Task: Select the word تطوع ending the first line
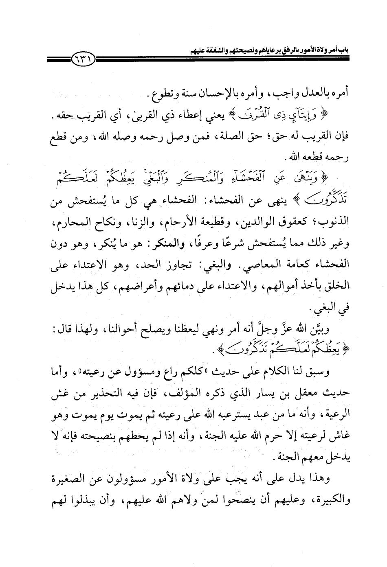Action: click(x=159, y=96)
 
